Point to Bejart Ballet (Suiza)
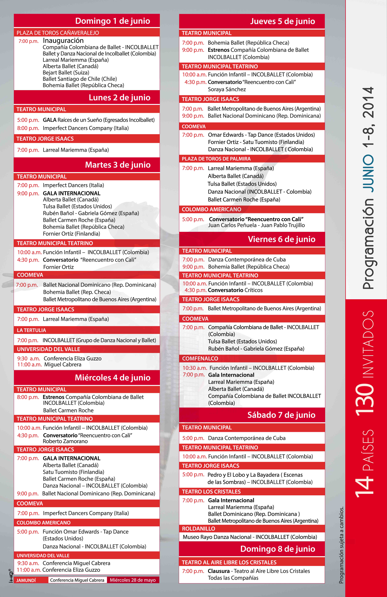click(66, 72)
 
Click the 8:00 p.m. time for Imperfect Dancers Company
click(28, 128)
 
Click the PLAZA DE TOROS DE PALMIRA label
click(216, 159)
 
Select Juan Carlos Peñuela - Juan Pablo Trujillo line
click(256, 225)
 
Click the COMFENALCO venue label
click(200, 358)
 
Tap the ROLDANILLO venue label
click(199, 529)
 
